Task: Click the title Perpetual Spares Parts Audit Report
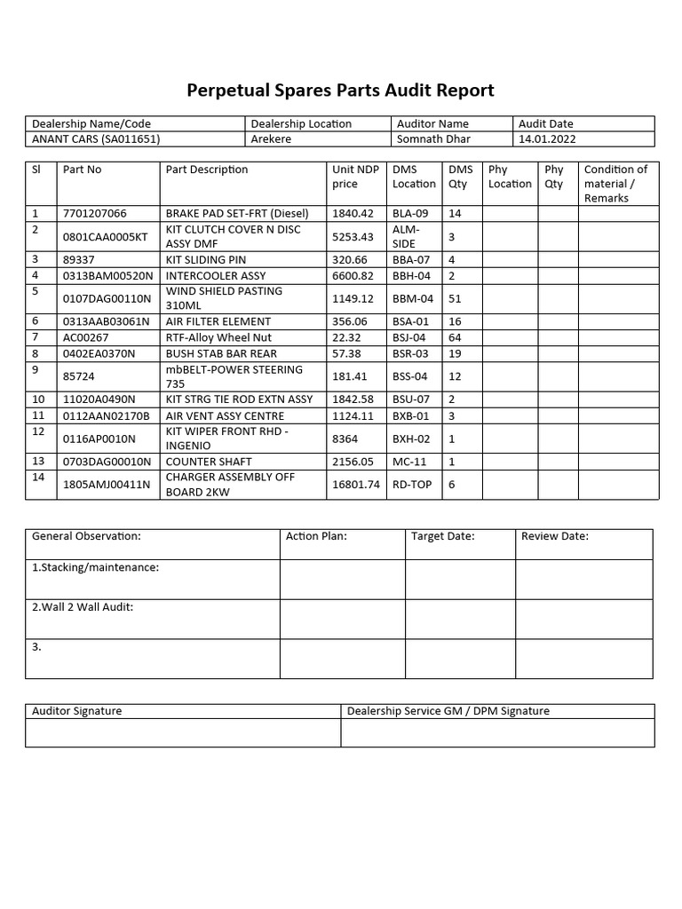[x=340, y=91]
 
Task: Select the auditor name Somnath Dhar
[x=432, y=138]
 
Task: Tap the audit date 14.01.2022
[x=546, y=138]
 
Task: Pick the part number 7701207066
[x=95, y=214]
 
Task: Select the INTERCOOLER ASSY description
[x=216, y=275]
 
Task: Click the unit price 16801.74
[x=356, y=485]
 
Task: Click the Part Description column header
[x=207, y=170]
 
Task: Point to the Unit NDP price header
[x=355, y=177]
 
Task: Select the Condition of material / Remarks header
[x=616, y=184]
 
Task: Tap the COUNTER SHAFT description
[x=209, y=462]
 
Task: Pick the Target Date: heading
[x=443, y=536]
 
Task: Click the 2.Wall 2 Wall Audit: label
[x=83, y=607]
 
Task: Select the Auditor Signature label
[x=77, y=711]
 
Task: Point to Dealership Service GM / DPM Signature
[x=448, y=711]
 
